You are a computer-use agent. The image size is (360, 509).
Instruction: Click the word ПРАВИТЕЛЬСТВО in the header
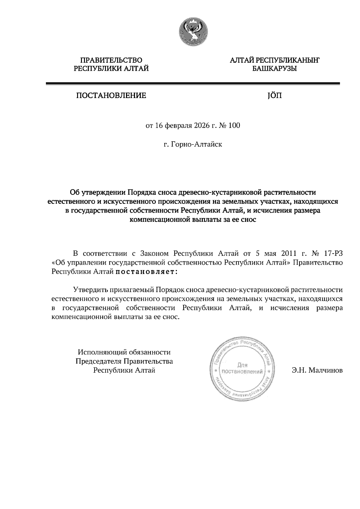(111, 61)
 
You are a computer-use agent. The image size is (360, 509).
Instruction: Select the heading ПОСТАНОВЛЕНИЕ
(111, 96)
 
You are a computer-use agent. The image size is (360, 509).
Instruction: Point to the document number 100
(234, 126)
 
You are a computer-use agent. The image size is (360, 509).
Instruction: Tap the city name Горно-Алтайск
(197, 145)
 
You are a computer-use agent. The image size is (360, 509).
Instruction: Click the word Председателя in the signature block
(97, 361)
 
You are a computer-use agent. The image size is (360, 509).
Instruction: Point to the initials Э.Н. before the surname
(299, 370)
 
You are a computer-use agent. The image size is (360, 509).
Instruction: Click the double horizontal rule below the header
(193, 84)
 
